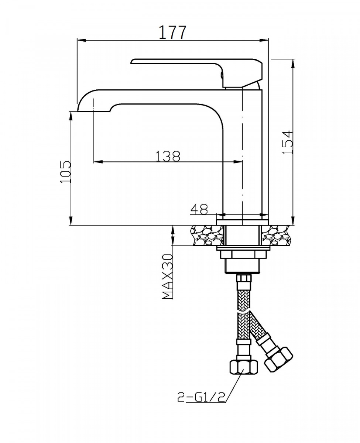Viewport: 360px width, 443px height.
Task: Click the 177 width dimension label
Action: pyautogui.click(x=172, y=32)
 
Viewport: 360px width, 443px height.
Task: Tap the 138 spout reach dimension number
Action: pyautogui.click(x=168, y=156)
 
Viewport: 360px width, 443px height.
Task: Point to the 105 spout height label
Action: pyautogui.click(x=65, y=172)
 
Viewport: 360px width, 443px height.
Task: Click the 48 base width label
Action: pyautogui.click(x=199, y=209)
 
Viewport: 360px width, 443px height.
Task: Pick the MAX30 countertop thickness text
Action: pyautogui.click(x=168, y=277)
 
